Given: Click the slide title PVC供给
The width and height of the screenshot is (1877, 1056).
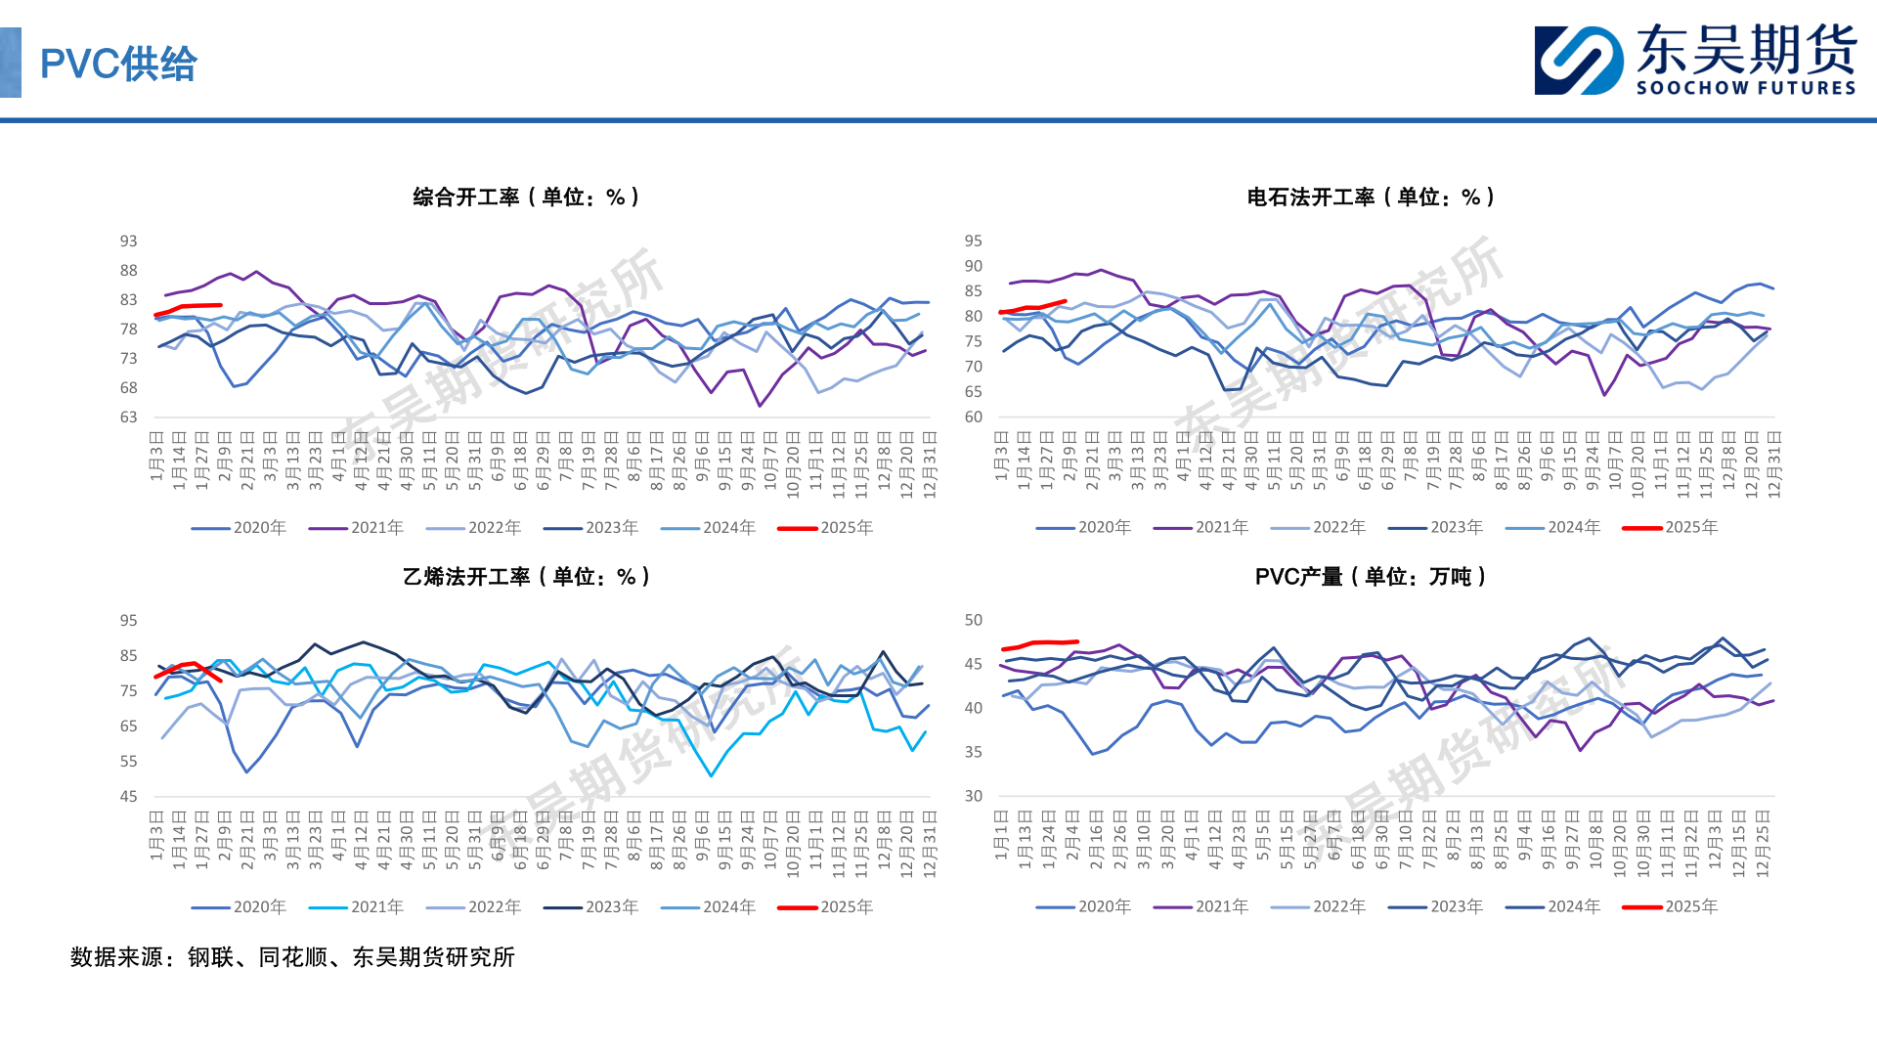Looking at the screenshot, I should (x=118, y=65).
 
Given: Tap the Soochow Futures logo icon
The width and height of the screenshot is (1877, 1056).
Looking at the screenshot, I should (x=1579, y=61).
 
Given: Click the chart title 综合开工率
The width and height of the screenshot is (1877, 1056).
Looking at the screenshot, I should (x=526, y=198).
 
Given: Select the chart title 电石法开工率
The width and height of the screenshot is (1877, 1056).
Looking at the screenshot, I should (x=1371, y=198).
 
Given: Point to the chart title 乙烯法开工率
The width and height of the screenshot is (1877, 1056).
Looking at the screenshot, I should (x=526, y=577).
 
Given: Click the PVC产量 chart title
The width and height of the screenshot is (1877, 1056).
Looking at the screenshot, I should (x=1371, y=577).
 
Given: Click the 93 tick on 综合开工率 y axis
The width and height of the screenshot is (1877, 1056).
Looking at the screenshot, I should (x=129, y=242).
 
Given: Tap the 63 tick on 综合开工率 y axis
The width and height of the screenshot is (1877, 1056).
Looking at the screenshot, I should (x=129, y=418).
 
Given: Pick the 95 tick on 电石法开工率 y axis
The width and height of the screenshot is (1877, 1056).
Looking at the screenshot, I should (x=974, y=242).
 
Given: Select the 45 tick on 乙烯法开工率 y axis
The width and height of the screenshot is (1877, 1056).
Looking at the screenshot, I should (x=129, y=797).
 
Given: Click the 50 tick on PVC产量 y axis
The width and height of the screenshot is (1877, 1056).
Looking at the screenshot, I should (x=974, y=621).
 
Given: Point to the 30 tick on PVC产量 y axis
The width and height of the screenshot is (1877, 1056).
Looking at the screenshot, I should (x=974, y=797).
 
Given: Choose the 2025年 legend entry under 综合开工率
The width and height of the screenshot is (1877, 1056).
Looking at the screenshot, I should (x=826, y=528).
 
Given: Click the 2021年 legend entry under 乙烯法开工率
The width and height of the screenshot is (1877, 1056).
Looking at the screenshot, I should (x=357, y=907).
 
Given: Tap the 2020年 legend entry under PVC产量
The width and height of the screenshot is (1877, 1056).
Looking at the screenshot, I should (x=1084, y=907).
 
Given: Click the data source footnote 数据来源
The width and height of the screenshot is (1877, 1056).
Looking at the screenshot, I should (x=292, y=957).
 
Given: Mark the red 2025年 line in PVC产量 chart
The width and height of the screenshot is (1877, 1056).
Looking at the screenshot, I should (x=1042, y=643).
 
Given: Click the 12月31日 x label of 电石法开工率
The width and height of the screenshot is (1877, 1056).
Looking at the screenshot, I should (x=1774, y=464).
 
